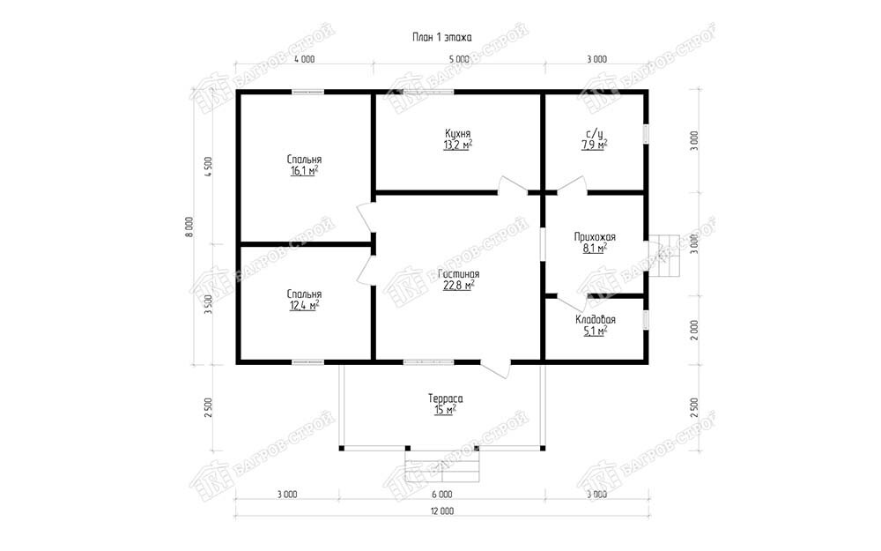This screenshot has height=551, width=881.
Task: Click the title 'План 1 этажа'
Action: tap(442, 38)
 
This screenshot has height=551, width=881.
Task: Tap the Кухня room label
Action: tap(457, 134)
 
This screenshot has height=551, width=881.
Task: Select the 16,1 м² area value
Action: tap(305, 171)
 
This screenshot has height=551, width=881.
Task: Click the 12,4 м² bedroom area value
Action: tap(305, 305)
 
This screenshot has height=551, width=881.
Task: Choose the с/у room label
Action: tap(595, 134)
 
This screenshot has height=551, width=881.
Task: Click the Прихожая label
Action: tap(595, 236)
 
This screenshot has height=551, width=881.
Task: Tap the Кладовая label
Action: tap(595, 319)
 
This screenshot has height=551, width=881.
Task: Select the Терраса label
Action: tap(446, 398)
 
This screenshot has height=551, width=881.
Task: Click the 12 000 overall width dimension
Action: tap(442, 511)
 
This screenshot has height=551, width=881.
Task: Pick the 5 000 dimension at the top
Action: tap(459, 59)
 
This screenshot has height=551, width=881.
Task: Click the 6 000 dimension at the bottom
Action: tap(442, 495)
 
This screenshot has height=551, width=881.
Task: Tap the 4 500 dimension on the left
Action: tap(209, 167)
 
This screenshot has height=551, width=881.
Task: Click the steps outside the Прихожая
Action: tap(663, 256)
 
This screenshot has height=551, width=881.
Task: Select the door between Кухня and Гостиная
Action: tap(512, 187)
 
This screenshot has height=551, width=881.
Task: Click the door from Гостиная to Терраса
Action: tap(495, 368)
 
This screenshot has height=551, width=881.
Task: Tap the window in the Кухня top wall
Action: tap(429, 92)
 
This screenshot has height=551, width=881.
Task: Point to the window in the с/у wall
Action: tap(646, 135)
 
